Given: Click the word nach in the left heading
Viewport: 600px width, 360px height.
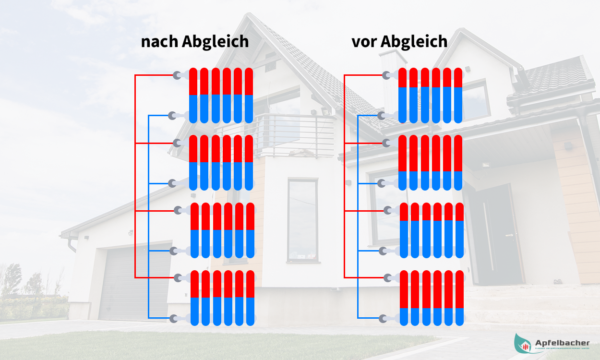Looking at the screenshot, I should (160, 42).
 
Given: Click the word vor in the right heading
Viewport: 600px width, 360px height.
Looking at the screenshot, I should (364, 42).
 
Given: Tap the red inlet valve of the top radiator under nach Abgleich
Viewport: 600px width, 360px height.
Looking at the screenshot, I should (178, 75).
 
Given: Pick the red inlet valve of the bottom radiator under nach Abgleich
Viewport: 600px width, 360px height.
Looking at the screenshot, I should (179, 277).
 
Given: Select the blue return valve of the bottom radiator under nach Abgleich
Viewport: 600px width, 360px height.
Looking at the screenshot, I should (174, 318).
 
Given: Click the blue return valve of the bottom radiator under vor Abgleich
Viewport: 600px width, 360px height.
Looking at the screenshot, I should (383, 318).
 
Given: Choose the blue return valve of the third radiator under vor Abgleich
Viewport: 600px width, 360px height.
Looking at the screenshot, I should (383, 251).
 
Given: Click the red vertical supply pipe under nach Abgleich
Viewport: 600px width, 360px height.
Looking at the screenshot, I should (135, 178).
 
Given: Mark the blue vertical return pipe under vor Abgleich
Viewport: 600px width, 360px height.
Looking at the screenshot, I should (358, 216).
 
